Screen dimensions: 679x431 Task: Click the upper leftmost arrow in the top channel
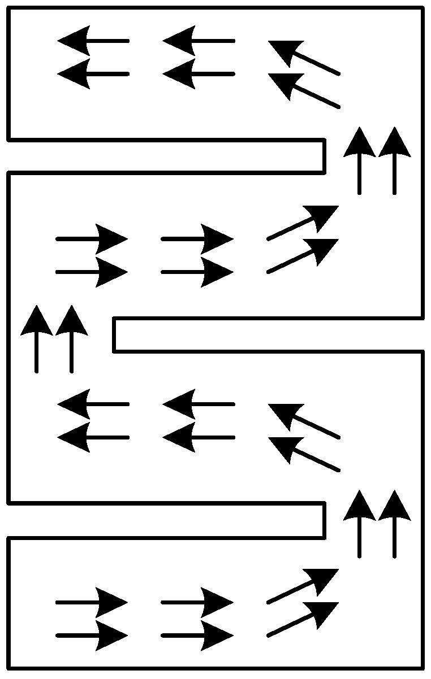[93, 41]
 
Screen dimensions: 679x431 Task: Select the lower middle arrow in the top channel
[198, 74]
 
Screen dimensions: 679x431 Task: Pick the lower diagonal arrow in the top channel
[304, 91]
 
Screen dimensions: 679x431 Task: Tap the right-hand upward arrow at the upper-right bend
[394, 161]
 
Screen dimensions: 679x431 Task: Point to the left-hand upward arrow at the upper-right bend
[360, 161]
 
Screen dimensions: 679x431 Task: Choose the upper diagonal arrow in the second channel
[303, 223]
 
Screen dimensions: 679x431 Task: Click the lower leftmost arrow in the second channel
[92, 272]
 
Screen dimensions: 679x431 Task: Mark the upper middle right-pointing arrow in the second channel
[197, 240]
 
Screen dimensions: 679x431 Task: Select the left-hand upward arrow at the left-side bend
[37, 339]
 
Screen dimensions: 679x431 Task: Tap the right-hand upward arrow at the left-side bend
[71, 339]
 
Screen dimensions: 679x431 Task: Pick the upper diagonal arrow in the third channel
[304, 421]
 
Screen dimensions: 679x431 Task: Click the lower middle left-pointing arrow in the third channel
[198, 438]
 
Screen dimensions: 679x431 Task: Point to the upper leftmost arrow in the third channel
[93, 404]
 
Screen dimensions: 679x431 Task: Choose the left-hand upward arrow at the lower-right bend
[360, 524]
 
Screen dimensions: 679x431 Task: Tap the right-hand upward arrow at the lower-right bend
[394, 524]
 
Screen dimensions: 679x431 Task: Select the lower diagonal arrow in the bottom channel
[303, 619]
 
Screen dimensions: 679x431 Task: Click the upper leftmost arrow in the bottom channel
[92, 603]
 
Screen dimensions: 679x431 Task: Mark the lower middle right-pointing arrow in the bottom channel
[197, 636]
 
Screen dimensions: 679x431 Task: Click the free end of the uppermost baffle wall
[324, 155]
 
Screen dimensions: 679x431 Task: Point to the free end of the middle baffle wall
[114, 335]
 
